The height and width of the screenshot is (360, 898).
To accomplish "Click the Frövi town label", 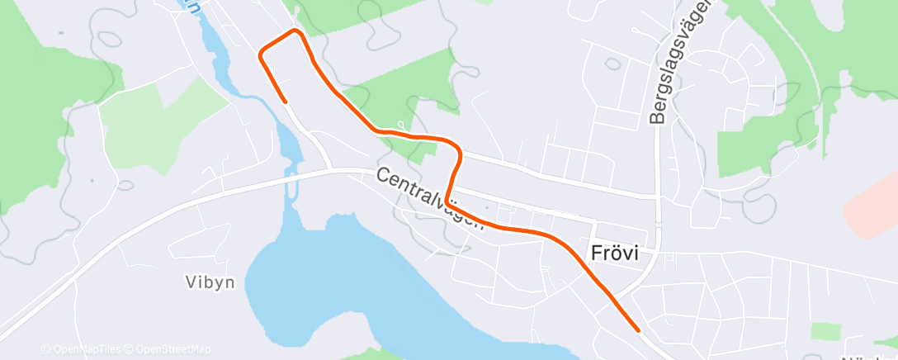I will pos(616,253).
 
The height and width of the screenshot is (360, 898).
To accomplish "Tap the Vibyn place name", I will pos(210,282).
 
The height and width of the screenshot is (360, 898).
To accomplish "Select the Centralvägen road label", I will pos(429,199).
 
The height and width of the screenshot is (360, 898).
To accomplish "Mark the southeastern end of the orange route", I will pos(639,329).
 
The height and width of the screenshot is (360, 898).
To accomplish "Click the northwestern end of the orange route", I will pos(286,102).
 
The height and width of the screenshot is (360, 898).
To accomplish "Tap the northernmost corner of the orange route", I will pos(295,31).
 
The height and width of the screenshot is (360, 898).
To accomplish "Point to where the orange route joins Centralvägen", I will pos(447,201).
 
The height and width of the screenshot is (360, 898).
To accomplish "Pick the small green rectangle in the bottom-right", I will pos(825,331).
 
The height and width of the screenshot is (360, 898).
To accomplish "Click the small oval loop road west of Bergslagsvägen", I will pos(612,63).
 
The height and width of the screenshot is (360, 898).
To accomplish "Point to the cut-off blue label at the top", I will pos(195,6).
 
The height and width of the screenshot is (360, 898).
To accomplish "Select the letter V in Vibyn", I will pos(190,282).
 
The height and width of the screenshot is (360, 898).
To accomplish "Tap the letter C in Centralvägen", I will pos(384,176).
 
